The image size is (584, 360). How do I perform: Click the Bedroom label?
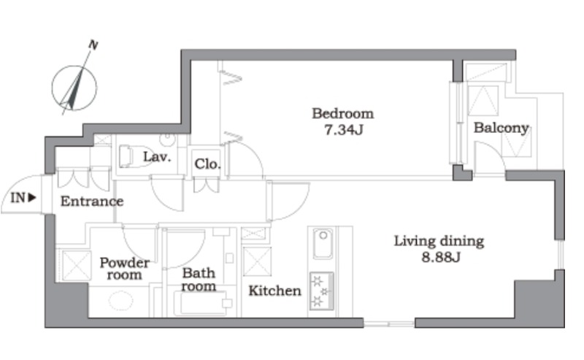pos(342,114)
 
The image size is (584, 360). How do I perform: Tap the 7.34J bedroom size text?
pos(343,130)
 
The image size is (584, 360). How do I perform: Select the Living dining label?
pos(439,242)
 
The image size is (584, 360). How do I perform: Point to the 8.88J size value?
pos(441,257)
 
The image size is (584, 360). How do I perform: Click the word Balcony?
pos(502,129)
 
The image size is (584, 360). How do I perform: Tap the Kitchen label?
pos(275,291)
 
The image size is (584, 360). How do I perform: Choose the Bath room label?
pos(199,280)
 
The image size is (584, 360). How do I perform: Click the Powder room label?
pos(125,269)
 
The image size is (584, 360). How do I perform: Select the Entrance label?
pos(92,202)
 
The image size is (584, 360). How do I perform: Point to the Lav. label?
pos(157,157)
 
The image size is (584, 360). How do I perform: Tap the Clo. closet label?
pos(207,164)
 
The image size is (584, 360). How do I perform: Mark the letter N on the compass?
pos(93,45)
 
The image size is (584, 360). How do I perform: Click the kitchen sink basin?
pos(323,244)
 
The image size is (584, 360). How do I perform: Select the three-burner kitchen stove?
pos(322,291)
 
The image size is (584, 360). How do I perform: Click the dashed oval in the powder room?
pos(121,301)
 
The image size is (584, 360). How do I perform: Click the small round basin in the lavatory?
pos(167,139)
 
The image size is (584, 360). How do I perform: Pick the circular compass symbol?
pos(74,88)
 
